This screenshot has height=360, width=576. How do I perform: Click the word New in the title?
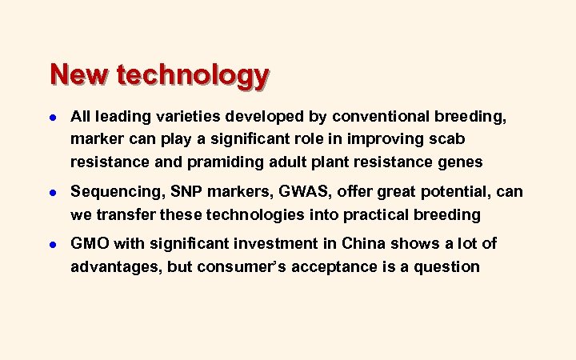[x=80, y=75]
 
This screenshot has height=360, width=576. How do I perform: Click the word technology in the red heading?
[x=193, y=76]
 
